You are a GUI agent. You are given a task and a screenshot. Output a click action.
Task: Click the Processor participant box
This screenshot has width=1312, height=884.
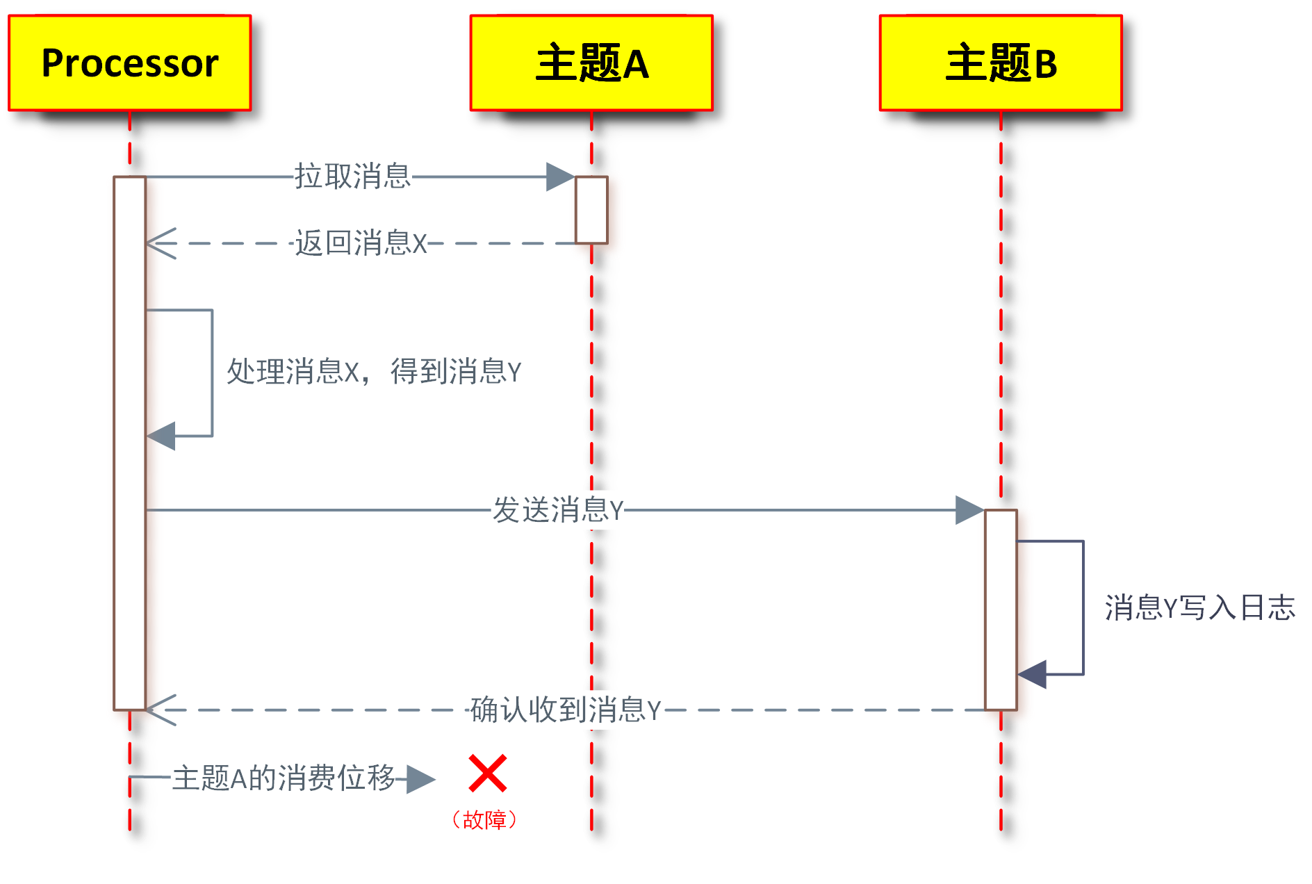point(130,63)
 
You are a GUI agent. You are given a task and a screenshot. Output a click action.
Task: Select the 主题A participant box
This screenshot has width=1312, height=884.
point(591,63)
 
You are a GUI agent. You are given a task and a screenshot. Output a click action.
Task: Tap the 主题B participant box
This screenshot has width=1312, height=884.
point(1001,63)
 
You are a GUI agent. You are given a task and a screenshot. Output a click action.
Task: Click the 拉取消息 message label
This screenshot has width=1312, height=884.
point(352,177)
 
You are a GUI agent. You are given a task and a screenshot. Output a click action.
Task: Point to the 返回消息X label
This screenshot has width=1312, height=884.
point(361,243)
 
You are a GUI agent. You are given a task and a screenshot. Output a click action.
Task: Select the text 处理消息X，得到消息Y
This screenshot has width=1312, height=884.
point(374,371)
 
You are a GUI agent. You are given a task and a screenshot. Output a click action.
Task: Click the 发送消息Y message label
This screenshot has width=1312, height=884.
point(558,510)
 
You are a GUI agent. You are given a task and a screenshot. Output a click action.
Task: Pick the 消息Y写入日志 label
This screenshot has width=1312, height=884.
point(1199,607)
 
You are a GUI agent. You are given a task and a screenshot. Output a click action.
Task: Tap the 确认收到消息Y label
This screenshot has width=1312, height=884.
point(565,710)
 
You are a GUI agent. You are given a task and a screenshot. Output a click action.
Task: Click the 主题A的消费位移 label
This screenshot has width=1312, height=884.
point(284,778)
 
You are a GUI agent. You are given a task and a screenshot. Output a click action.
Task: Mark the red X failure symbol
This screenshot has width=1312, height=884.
point(487,773)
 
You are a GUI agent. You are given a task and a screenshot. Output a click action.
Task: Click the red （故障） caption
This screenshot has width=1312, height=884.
point(484,820)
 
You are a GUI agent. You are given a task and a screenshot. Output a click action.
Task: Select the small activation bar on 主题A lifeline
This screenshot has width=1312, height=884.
point(591,210)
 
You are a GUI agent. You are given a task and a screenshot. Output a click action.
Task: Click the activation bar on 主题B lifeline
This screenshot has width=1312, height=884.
point(1001,609)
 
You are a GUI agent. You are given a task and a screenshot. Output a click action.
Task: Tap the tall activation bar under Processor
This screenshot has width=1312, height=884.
point(130,443)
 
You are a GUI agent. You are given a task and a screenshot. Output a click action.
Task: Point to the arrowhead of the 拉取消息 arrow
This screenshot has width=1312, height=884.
point(560,177)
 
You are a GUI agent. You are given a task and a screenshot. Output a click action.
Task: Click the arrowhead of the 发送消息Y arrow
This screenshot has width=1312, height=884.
point(969,510)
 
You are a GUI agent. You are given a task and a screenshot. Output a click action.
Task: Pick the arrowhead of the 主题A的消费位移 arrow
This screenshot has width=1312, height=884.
point(420,779)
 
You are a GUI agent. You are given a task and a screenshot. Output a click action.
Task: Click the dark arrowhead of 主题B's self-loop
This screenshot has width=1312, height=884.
point(1033,674)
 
